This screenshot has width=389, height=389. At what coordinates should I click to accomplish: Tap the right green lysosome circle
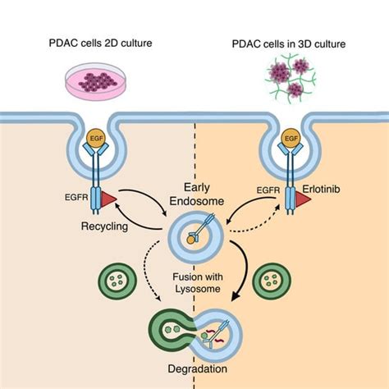point(272,282)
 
